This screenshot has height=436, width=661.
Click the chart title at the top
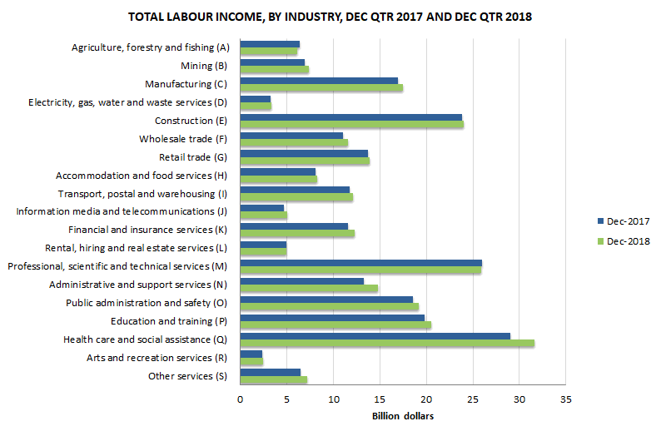coord(330,17)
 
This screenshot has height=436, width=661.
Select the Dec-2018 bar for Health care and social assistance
coord(386,343)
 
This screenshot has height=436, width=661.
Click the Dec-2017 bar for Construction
coord(350,117)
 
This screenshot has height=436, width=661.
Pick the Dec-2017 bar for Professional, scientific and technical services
coord(360,263)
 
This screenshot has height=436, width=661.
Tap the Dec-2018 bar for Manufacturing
coord(321,88)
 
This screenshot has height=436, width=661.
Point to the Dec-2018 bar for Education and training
coord(335,325)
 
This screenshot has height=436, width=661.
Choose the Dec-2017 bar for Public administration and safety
coord(326,299)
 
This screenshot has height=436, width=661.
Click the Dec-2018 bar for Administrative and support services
coord(309,288)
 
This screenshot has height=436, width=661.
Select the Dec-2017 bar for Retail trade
coord(304,153)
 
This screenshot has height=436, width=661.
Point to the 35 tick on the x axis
coord(565,399)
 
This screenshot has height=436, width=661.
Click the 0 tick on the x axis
coord(240,399)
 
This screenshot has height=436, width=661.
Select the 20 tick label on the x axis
coord(426,399)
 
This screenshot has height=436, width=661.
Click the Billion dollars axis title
coord(402,416)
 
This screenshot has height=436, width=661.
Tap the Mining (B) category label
coord(204,66)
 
